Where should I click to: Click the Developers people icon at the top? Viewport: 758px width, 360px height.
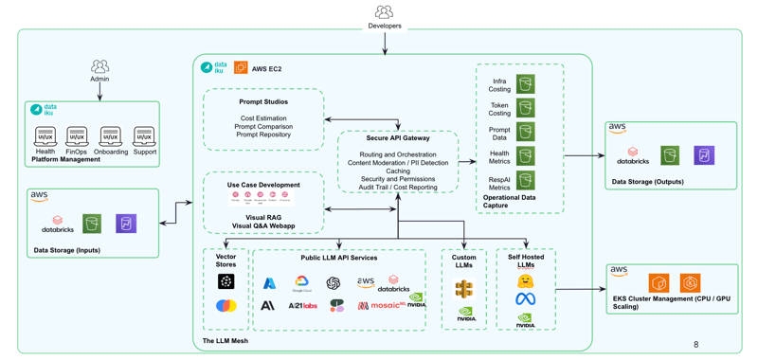pos(384,11)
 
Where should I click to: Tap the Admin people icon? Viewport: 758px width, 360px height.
pos(99,66)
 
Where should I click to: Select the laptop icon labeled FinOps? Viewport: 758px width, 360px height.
pos(77,137)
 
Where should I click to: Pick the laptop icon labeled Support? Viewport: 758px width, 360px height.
pos(144,137)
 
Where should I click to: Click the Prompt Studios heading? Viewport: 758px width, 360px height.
pos(263,101)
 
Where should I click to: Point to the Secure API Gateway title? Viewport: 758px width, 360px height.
pos(398,138)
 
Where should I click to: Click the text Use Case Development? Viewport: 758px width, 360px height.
pos(263,185)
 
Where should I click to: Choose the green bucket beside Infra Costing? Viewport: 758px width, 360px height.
pos(526,84)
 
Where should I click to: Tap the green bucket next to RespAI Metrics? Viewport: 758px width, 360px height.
pos(526,180)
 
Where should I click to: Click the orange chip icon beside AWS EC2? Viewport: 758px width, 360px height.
pos(241,68)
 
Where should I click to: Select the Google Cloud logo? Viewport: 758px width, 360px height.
pos(301,283)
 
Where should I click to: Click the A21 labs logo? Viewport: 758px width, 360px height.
pos(302,305)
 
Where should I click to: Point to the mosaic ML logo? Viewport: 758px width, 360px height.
pos(378,305)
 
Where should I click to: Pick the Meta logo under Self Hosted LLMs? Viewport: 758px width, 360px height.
pos(525,299)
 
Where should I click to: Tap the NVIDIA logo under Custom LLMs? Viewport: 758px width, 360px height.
pos(464,314)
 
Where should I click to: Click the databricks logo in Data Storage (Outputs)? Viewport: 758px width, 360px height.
pos(632,154)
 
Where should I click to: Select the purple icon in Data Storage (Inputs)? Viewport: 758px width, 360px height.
pos(126,224)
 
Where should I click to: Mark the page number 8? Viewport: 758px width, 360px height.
pos(695,345)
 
